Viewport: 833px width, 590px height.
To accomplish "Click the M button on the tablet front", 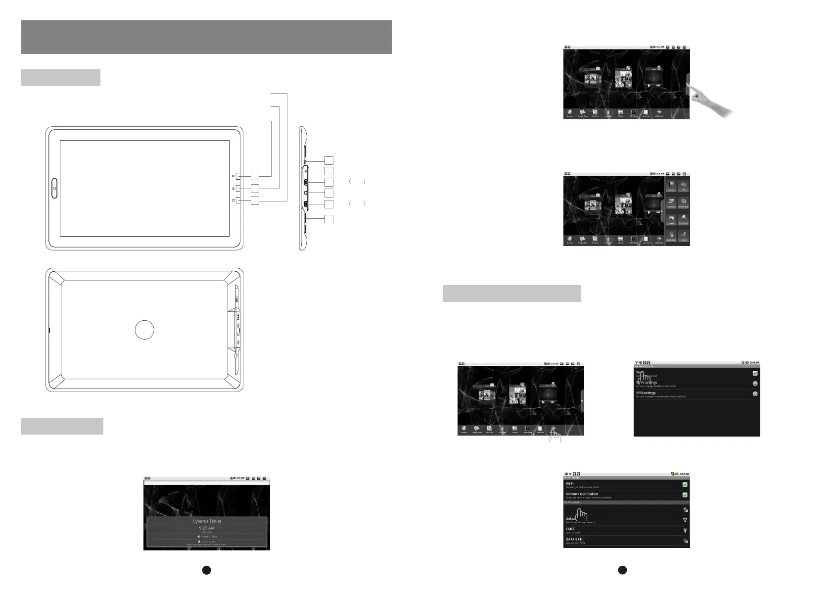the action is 238,176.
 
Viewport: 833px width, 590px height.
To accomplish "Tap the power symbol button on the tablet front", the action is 238,189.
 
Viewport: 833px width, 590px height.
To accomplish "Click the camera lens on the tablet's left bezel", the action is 53,188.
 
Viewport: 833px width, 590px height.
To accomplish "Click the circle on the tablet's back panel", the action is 144,330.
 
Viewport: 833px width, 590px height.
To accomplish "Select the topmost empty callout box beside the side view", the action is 329,160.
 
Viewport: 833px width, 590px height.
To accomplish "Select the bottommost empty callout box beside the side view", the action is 329,219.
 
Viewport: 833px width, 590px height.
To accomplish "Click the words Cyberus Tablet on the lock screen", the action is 207,521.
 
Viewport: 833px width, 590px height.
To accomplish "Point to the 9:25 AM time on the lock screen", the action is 207,528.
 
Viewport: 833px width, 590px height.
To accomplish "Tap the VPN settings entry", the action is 646,393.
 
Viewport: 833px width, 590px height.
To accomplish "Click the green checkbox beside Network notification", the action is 685,495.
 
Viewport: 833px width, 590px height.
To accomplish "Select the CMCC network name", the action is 570,529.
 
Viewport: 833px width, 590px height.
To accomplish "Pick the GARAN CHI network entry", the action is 574,539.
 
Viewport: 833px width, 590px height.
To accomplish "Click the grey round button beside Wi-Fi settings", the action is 755,384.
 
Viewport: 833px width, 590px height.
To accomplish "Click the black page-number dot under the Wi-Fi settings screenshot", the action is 623,570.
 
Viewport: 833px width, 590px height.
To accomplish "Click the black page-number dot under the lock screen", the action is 207,570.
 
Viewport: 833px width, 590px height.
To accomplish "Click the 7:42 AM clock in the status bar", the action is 684,474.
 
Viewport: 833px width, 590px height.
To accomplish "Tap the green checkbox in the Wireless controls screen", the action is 755,373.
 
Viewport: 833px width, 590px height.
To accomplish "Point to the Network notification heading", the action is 582,494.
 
